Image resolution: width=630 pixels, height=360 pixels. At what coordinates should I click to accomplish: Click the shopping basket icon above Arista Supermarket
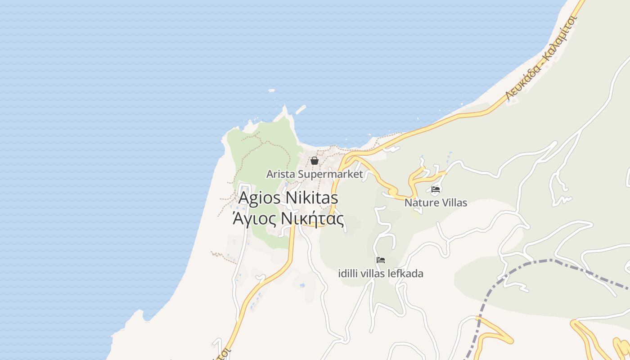click(315, 161)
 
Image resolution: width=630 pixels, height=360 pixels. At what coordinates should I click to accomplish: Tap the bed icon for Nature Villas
click(436, 189)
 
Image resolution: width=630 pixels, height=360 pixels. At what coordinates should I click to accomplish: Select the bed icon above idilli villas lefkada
click(381, 260)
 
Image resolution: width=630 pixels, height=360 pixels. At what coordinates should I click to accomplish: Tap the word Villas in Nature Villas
click(454, 203)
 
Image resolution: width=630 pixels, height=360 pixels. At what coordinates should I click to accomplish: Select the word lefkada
click(406, 273)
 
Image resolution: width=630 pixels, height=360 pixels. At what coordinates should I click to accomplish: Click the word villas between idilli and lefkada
click(375, 273)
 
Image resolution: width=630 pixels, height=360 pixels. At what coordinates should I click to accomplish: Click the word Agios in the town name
click(261, 198)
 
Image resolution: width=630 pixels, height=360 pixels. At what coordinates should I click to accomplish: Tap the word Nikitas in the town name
click(312, 198)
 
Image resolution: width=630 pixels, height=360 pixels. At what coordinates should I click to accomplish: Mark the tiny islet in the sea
click(271, 90)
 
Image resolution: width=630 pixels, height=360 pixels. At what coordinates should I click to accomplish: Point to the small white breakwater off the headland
click(301, 109)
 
